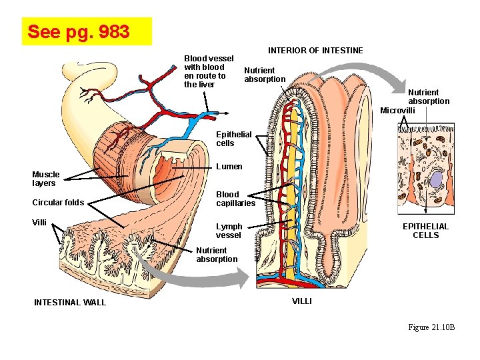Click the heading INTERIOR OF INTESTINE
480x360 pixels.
[x=315, y=51]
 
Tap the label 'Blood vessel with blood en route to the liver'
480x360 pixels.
[x=208, y=71]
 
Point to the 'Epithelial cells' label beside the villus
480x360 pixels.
[x=234, y=139]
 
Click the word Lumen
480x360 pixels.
[x=229, y=167]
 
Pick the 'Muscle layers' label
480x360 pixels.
[x=46, y=179]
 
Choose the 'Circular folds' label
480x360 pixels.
[x=58, y=203]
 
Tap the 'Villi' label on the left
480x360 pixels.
[x=39, y=223]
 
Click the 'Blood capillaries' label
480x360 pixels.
[x=235, y=199]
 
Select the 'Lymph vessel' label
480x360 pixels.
[x=229, y=231]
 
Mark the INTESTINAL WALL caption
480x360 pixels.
[x=70, y=303]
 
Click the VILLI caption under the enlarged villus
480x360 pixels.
[x=302, y=301]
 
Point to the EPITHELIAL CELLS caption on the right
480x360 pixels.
[x=425, y=231]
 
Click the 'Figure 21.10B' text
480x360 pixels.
[x=431, y=327]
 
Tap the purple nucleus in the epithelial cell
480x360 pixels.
[x=437, y=179]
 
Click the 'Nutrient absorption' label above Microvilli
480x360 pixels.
[x=429, y=97]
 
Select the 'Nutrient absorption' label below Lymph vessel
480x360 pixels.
[x=217, y=255]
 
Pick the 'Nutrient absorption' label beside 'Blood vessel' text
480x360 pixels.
[x=265, y=75]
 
